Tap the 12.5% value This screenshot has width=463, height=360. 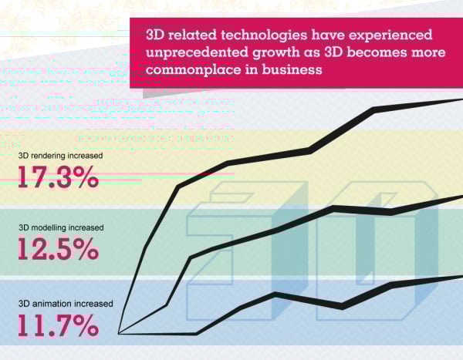click(x=58, y=249)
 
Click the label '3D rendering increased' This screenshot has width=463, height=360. click(x=61, y=155)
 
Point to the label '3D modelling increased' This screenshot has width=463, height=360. click(x=61, y=228)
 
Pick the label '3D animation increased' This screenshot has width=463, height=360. click(x=65, y=303)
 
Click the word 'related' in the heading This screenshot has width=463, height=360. click(x=182, y=35)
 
